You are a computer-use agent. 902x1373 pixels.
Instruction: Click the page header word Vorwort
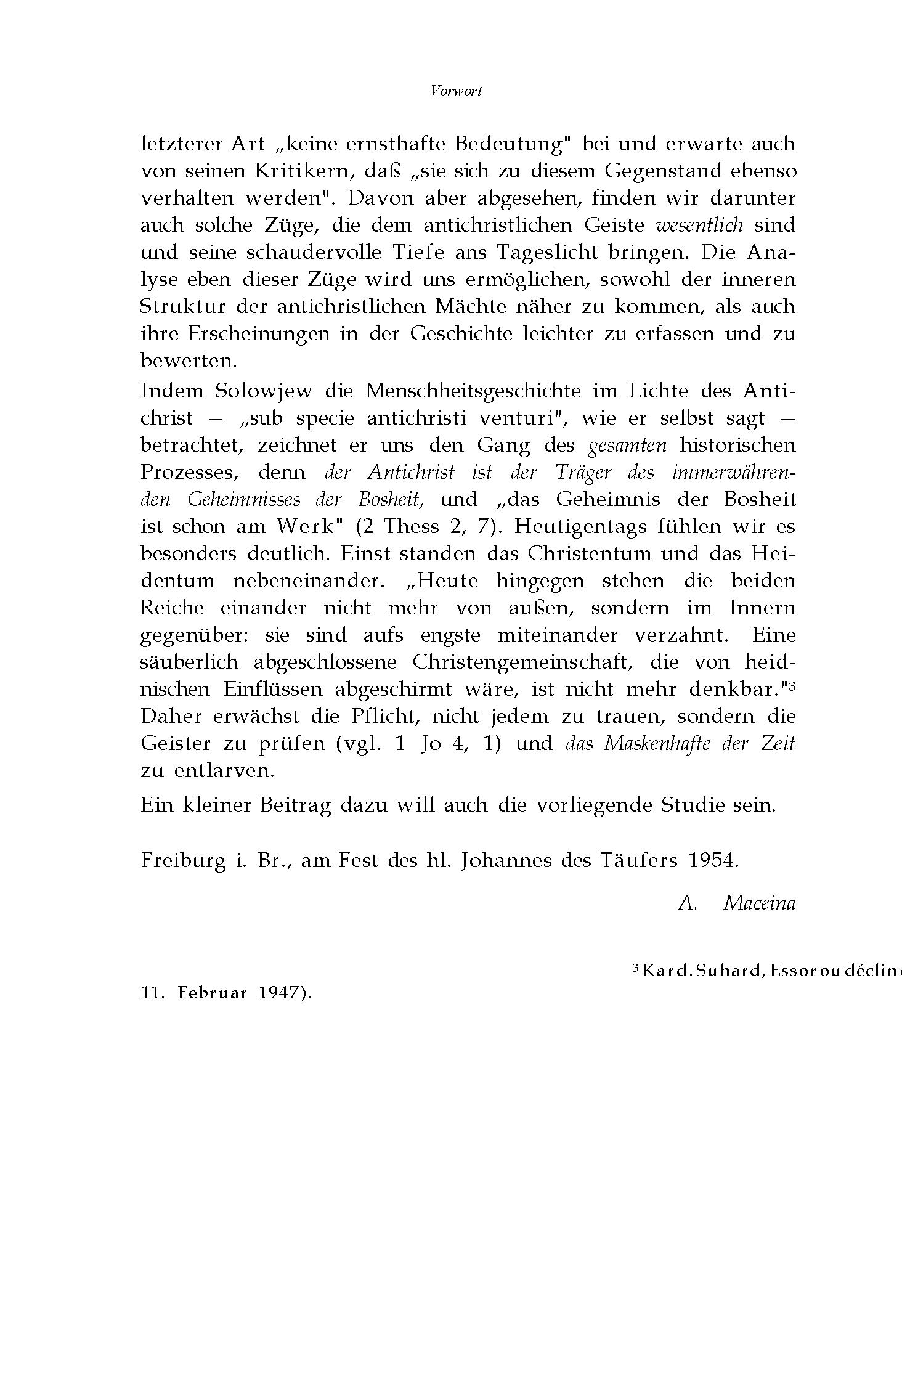457,91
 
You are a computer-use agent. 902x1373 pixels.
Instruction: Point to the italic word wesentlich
700,225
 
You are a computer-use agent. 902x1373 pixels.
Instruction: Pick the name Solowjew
264,391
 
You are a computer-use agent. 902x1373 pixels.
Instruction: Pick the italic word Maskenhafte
658,743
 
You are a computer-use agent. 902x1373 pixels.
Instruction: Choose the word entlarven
224,770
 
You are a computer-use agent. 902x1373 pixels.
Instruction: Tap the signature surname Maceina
760,903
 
